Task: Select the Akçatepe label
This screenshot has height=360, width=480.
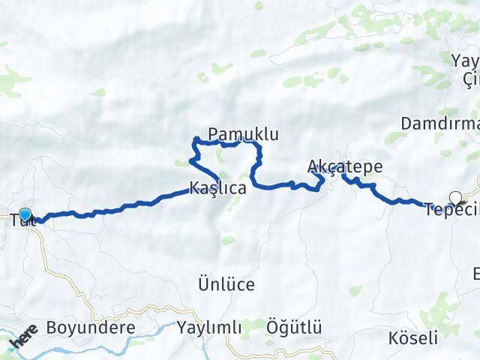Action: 345,166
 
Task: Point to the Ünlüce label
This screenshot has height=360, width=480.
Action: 226,284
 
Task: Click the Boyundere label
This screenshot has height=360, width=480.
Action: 90,328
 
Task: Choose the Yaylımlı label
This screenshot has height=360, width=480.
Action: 210,328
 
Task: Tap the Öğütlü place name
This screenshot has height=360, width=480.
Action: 294,327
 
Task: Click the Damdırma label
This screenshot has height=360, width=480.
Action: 439,123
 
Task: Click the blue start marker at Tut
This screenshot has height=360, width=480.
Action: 25,215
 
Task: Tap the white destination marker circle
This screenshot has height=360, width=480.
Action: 455,198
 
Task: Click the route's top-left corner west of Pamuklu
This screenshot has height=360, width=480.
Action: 196,139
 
